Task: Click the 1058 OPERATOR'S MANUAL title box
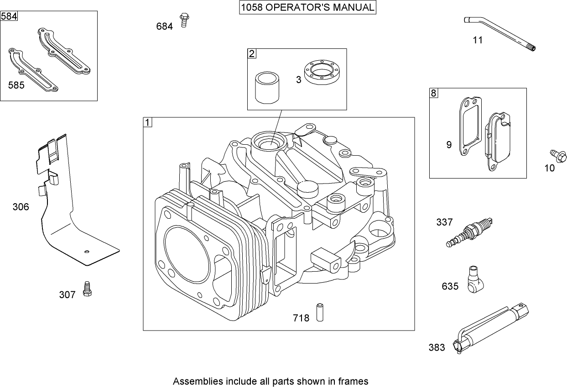308,8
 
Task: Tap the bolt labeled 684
184,20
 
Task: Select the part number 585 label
16,85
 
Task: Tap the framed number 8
433,94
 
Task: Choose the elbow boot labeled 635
475,279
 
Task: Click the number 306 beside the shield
21,207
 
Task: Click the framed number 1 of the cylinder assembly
147,122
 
